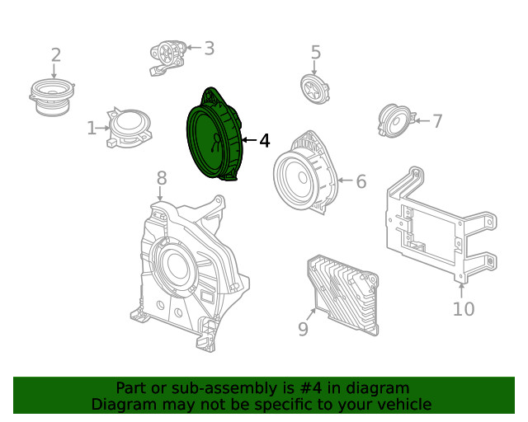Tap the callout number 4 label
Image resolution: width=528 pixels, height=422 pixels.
264,141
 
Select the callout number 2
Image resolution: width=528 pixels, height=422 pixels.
55,55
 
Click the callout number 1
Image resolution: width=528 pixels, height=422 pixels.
92,129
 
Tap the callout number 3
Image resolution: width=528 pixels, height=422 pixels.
209,48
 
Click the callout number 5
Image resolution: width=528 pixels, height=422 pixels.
315,53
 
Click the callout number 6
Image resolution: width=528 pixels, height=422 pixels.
361,181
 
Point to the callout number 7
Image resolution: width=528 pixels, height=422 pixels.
437,121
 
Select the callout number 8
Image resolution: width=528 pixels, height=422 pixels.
161,177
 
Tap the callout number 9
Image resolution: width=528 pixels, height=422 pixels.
303,329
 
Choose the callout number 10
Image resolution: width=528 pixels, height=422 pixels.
463,309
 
